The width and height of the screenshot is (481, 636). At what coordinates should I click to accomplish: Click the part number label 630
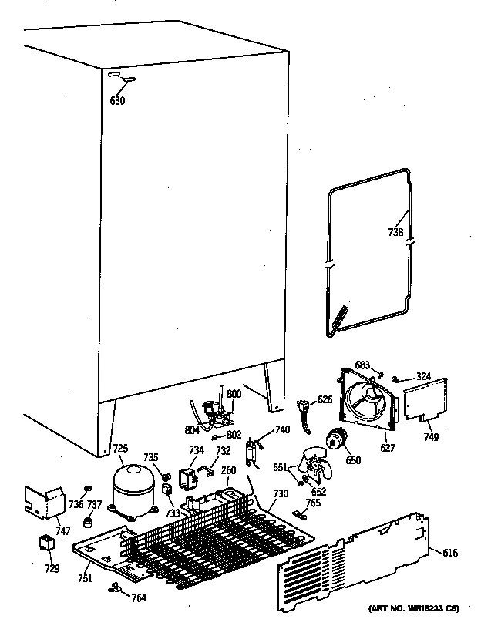point(116,99)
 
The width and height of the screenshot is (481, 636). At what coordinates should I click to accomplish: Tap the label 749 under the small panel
point(431,437)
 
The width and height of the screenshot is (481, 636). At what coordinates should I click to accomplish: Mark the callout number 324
point(423,376)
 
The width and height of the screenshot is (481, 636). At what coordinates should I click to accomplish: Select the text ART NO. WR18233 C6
point(415,609)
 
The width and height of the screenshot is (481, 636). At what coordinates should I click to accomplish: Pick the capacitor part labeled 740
point(251,454)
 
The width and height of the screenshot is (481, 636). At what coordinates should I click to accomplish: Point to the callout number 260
point(228,471)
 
